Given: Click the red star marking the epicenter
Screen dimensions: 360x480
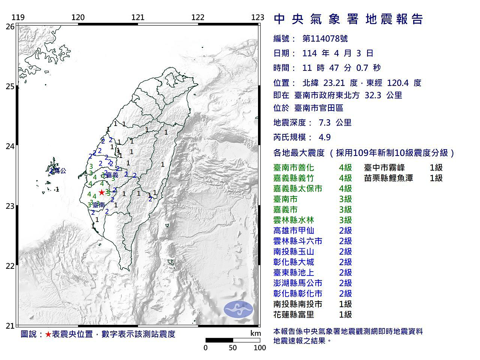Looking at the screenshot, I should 102,192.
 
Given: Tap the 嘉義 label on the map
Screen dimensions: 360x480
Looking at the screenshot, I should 112,175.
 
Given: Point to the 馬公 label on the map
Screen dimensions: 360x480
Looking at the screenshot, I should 59,171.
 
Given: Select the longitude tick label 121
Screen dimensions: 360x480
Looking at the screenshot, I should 138,17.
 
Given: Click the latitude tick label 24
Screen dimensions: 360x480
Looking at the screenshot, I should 10,146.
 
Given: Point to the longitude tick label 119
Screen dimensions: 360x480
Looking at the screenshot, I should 18,17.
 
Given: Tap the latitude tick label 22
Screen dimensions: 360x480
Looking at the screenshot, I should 10,266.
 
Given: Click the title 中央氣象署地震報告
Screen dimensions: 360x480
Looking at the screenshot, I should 348,19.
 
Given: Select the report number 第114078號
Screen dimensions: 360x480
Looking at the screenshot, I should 325,39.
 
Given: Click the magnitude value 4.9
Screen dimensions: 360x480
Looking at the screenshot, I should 324,137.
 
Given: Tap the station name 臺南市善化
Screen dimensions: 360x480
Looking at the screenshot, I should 293,168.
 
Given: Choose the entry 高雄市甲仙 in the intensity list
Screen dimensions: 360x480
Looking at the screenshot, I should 293,230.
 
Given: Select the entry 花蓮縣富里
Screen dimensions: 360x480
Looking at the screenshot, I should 293,314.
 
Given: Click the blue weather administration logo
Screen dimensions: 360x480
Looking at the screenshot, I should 238,310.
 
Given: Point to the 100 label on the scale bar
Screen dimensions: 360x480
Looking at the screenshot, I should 260,348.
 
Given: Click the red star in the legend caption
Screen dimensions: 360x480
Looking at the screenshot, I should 48,334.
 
